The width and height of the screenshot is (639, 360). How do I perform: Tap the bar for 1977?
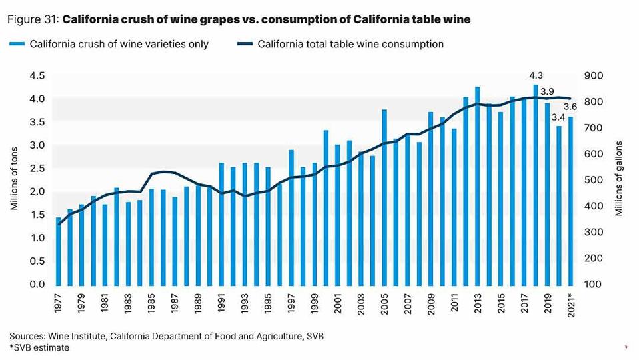pos(58,251)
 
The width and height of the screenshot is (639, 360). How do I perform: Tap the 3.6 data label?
pos(570,107)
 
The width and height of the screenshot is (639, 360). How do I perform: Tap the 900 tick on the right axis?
pos(593,76)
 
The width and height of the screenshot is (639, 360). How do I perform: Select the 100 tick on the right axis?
pos(593,285)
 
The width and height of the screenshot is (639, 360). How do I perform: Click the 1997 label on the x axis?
pos(291,304)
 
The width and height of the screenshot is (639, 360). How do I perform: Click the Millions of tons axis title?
pos(13,180)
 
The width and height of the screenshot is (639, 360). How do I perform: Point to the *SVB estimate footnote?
pos(39,347)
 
